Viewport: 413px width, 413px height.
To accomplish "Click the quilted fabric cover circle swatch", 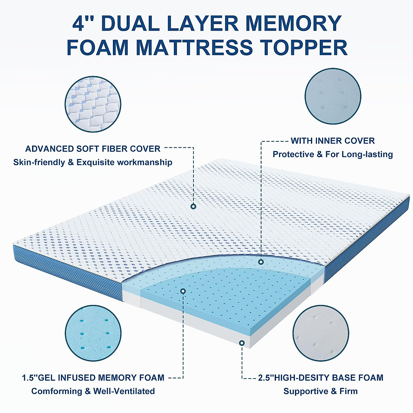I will (x=93, y=104).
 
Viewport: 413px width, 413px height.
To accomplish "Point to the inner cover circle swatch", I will (x=333, y=96).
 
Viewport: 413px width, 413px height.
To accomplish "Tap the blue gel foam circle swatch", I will (x=93, y=333).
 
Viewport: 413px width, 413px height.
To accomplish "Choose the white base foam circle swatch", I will (x=321, y=333).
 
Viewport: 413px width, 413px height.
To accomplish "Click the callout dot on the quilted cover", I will (x=193, y=206).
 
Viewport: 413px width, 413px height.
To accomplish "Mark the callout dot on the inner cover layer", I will (x=261, y=262).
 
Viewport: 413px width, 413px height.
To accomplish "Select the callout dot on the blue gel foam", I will (x=183, y=291).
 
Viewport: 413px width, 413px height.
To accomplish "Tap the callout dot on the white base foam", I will (x=242, y=343).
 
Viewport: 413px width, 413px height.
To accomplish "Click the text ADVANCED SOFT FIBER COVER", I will (x=93, y=149).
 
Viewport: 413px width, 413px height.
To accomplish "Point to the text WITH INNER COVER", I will (x=332, y=141).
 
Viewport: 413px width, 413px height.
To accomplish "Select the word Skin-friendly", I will (x=39, y=162).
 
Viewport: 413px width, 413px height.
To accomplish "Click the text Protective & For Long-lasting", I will (x=332, y=154).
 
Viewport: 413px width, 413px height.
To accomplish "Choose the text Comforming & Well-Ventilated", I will (x=93, y=391).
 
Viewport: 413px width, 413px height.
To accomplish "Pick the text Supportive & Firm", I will (x=320, y=391).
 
